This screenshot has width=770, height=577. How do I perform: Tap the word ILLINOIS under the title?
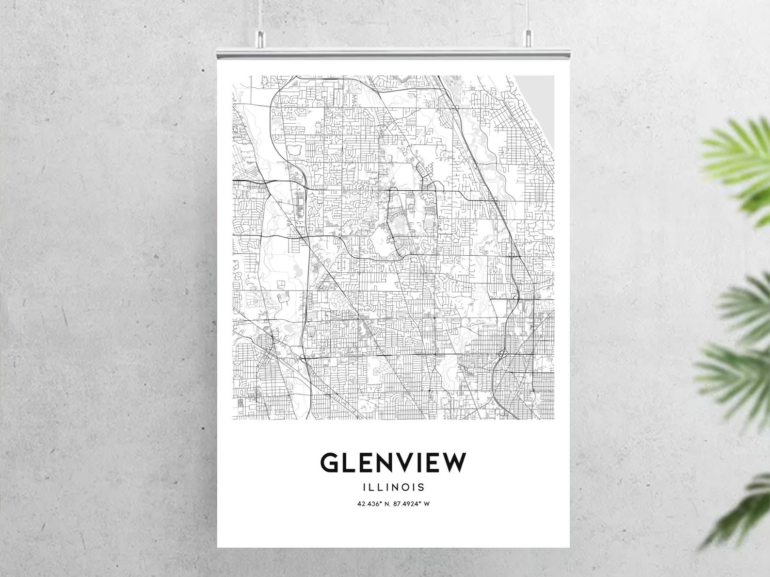[x=393, y=487]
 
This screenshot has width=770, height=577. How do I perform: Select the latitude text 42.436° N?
[x=373, y=503]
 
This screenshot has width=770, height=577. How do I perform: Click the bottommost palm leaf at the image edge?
[x=747, y=514]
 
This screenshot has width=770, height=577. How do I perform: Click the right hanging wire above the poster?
[x=528, y=15]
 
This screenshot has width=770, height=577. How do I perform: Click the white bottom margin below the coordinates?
[x=393, y=529]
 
